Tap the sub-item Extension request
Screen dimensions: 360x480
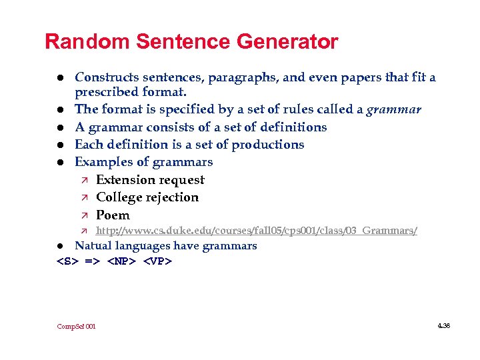click(150, 179)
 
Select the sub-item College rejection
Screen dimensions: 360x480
click(147, 197)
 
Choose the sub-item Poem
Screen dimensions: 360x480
click(113, 215)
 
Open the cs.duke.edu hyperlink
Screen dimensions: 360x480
click(257, 231)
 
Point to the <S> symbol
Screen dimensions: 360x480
click(67, 261)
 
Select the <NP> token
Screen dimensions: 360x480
click(122, 261)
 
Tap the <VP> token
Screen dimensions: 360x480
click(158, 261)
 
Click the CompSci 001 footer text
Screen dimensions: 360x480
click(76, 326)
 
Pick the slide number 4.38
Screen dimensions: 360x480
click(444, 325)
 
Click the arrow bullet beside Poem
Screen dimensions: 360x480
click(83, 215)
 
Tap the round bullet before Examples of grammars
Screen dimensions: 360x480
click(60, 162)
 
